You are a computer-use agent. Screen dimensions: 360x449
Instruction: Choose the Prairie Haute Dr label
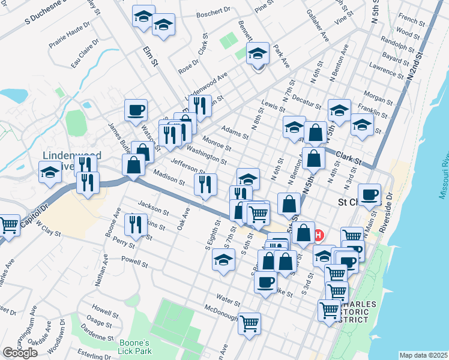click(x=70, y=37)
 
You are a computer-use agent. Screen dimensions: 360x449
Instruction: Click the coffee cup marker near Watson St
click(x=135, y=110)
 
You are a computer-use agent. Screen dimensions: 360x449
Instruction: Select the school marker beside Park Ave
click(x=258, y=53)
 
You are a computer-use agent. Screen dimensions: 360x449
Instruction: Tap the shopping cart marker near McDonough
click(x=250, y=323)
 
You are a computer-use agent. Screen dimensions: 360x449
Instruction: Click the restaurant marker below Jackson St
click(x=136, y=224)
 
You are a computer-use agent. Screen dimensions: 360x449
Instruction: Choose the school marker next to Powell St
click(x=223, y=260)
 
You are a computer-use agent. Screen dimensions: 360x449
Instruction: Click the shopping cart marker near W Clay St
click(x=9, y=225)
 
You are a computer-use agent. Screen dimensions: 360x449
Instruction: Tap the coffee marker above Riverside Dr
click(x=369, y=194)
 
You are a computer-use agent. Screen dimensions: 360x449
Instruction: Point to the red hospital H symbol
click(x=319, y=235)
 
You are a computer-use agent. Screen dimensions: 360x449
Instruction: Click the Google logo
click(x=20, y=352)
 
